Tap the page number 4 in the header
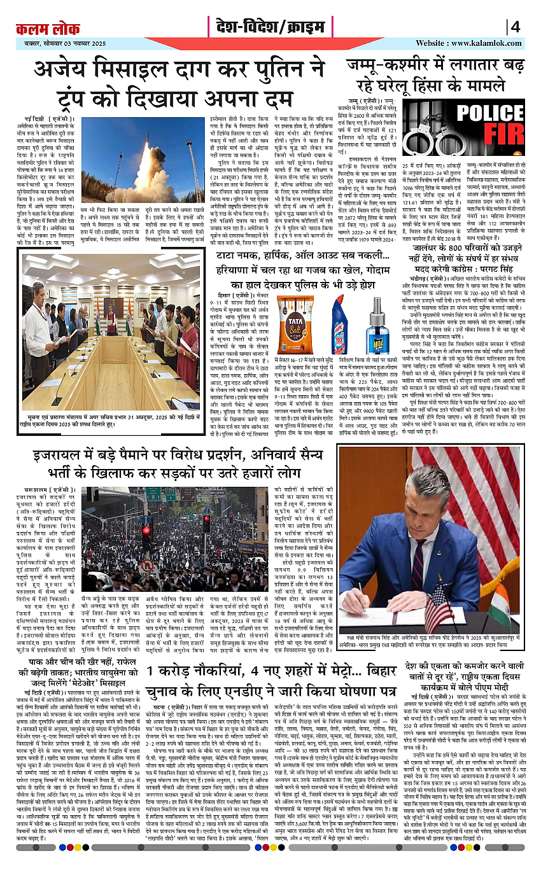click(x=515, y=27)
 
